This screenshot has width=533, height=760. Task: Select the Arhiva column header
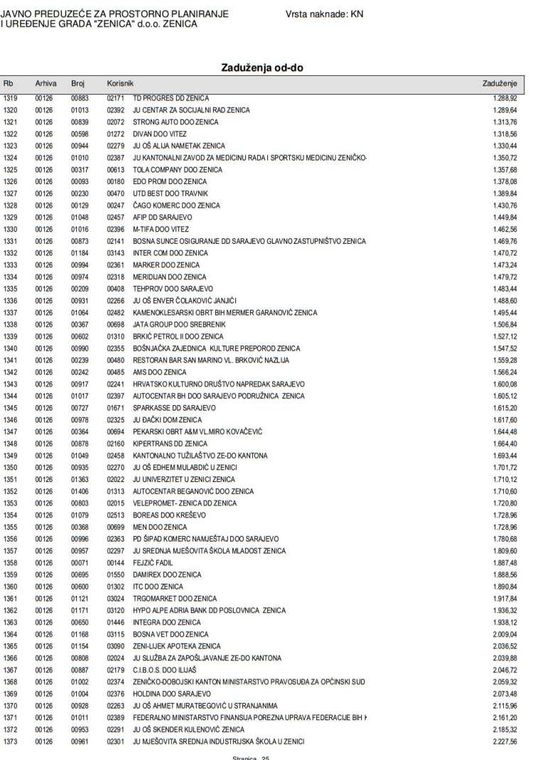45,84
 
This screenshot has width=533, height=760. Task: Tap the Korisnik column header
120,84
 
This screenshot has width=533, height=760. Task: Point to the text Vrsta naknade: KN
324,14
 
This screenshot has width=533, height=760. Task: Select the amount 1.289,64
504,110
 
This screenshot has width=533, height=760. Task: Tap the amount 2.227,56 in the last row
504,742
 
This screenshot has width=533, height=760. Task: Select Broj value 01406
79,491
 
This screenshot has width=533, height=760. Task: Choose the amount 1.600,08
504,384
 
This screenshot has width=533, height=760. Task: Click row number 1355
11,528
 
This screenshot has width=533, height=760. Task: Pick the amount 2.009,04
504,634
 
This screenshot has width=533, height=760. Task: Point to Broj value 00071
79,563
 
